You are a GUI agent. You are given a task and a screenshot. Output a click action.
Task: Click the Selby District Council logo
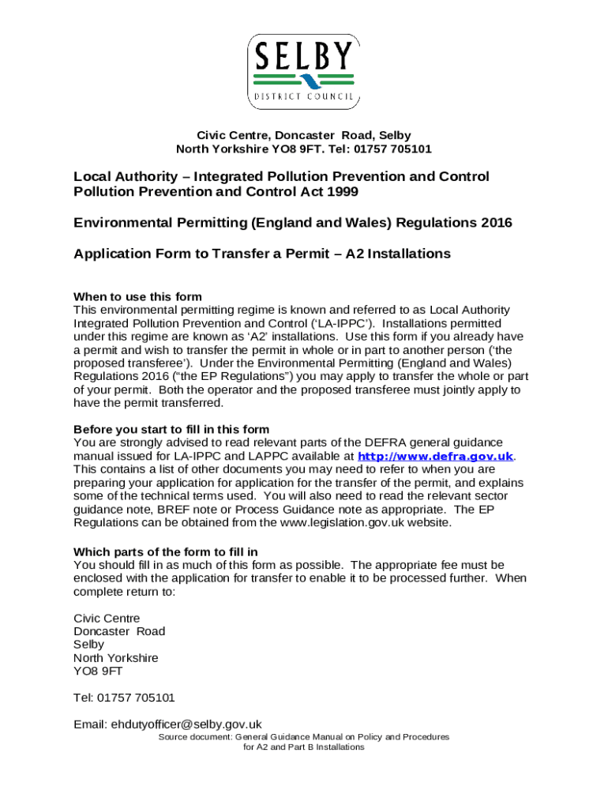click(x=304, y=70)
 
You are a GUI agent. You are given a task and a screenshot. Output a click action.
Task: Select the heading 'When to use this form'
click(x=137, y=297)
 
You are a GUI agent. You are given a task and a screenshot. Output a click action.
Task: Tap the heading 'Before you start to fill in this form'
click(x=171, y=430)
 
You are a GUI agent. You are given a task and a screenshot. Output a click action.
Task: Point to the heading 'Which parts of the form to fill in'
click(x=166, y=551)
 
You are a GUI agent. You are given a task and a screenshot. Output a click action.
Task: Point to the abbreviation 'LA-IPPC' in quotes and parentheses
click(x=348, y=323)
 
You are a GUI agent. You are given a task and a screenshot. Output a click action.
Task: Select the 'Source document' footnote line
click(x=304, y=736)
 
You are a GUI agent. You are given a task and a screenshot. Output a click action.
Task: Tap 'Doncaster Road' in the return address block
click(x=119, y=631)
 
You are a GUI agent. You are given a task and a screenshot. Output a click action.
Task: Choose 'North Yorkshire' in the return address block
click(x=116, y=657)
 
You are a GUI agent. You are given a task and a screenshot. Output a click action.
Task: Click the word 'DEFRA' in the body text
click(x=386, y=442)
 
